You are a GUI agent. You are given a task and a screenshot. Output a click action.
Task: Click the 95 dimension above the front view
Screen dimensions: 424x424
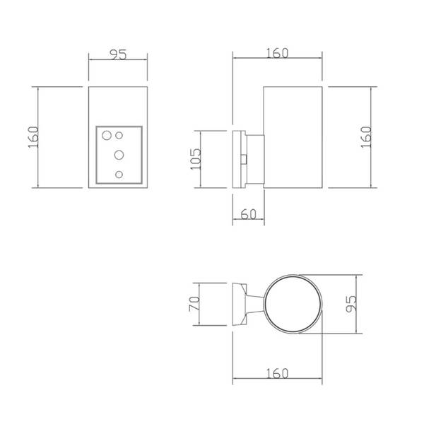pyautogui.click(x=118, y=54)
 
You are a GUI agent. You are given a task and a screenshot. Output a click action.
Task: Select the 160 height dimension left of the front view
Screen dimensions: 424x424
pyautogui.click(x=33, y=137)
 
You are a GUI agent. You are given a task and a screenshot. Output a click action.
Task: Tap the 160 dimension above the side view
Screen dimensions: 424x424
pyautogui.click(x=278, y=53)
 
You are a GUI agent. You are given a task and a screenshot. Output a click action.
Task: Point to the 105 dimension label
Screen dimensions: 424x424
pyautogui.click(x=196, y=159)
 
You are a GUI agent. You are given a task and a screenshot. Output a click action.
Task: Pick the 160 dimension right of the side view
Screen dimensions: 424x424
pyautogui.click(x=366, y=137)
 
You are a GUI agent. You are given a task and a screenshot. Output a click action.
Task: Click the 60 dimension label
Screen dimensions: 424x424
pyautogui.click(x=248, y=214)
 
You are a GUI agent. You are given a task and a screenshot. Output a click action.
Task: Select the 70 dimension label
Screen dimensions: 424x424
pyautogui.click(x=194, y=304)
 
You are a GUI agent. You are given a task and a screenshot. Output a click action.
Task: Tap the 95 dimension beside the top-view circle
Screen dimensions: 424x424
pyautogui.click(x=351, y=304)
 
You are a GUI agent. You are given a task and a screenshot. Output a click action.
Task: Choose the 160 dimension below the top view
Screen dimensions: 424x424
pyautogui.click(x=278, y=373)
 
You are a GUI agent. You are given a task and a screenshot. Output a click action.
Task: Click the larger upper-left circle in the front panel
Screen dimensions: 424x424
pyautogui.click(x=107, y=135)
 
